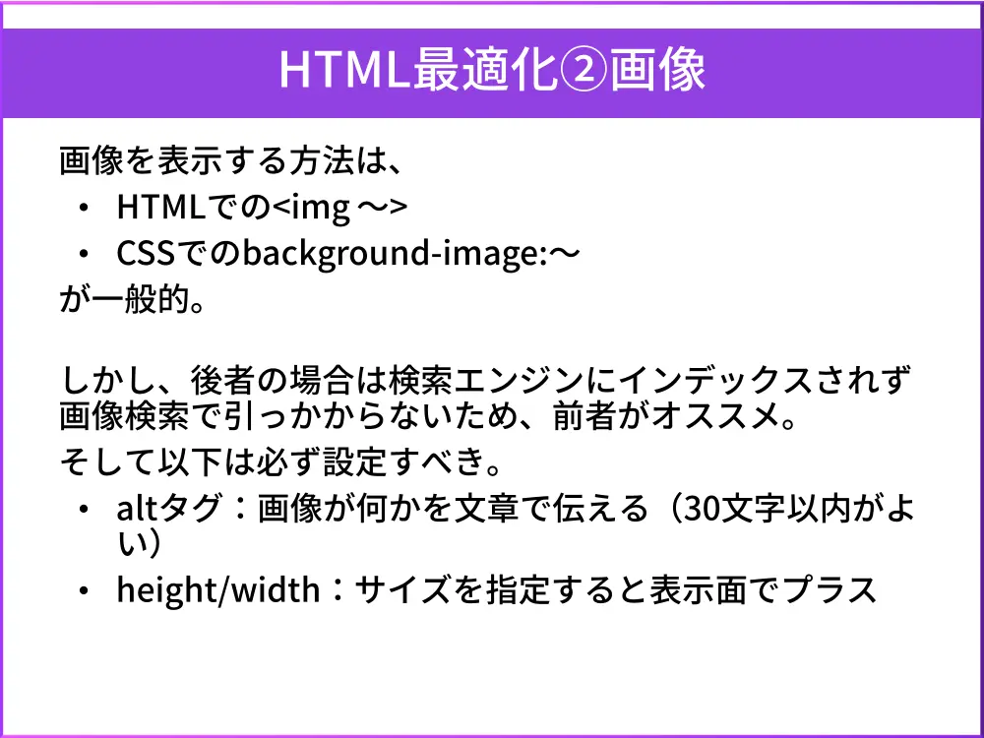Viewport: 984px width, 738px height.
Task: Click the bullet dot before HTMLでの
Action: tap(87, 208)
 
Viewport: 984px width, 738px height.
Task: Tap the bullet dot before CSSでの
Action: tap(87, 254)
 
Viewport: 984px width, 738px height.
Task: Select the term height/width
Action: tap(217, 589)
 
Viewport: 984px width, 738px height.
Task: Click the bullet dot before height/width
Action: tap(87, 589)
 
